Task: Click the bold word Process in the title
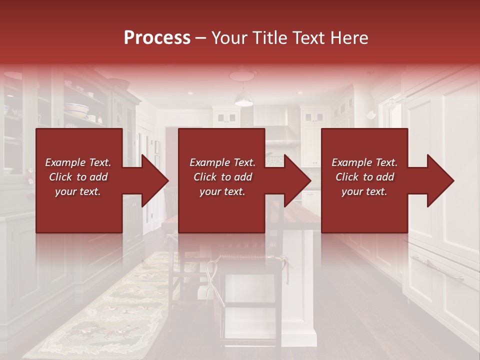click(157, 37)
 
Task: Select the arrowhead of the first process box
click(155, 180)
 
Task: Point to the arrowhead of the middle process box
click(298, 180)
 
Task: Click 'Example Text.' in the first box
click(78, 162)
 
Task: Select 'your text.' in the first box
click(78, 191)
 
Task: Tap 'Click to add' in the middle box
click(222, 177)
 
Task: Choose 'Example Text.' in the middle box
click(222, 162)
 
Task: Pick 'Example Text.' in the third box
click(364, 162)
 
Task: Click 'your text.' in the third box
click(364, 191)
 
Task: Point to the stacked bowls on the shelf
click(76, 109)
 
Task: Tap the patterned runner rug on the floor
click(100, 310)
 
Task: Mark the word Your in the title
click(229, 37)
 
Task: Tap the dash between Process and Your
click(200, 38)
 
